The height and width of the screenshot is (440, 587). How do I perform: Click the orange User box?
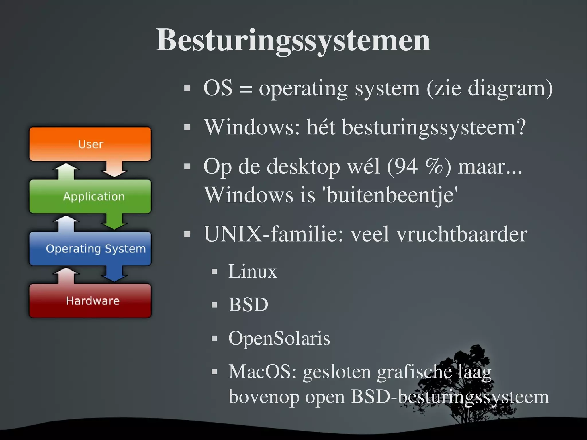(90, 144)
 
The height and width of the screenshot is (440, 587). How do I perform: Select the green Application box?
(90, 196)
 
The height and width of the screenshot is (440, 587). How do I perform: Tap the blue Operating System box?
(90, 249)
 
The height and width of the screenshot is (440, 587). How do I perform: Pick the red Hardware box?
(90, 301)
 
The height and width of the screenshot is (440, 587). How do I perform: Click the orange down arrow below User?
(114, 169)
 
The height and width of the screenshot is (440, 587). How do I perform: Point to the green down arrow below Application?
(114, 221)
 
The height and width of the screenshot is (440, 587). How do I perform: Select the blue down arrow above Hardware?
(114, 274)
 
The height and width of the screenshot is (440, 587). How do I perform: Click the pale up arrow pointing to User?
(66, 171)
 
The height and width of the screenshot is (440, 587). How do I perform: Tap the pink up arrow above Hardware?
(66, 275)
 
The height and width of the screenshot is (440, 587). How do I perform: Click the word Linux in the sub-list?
(253, 271)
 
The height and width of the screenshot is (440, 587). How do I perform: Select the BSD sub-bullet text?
(248, 304)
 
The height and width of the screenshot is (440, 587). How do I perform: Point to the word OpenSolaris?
(279, 338)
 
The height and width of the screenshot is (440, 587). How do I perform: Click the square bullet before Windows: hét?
(187, 127)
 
